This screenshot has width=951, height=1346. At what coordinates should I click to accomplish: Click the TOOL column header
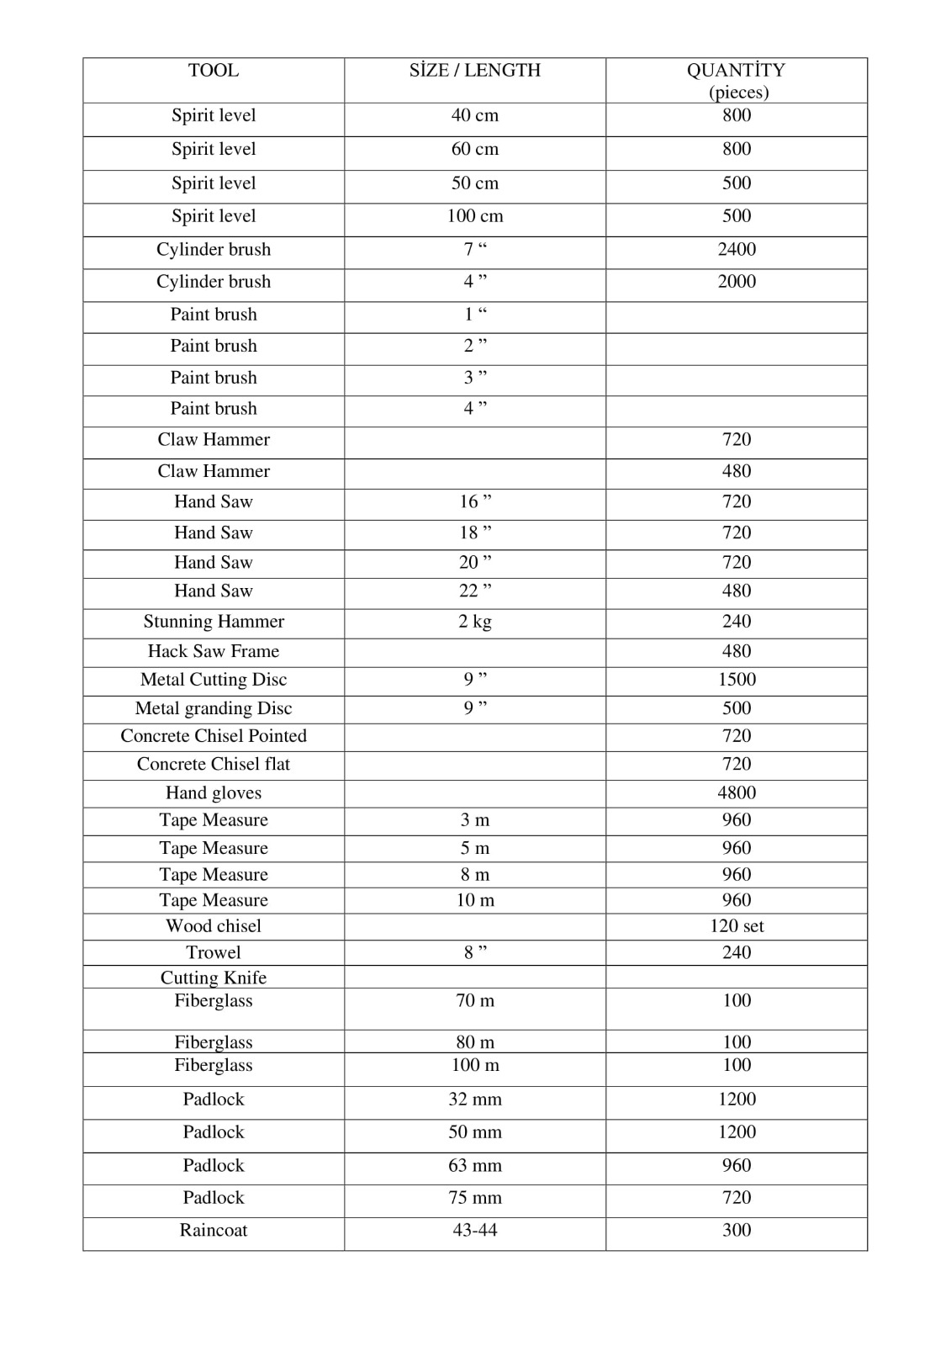point(214,71)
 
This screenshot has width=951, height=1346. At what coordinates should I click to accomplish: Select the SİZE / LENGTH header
point(475,71)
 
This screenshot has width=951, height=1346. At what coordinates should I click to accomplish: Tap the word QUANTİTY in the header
point(736,71)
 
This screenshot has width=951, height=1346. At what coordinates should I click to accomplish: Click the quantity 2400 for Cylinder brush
point(737,250)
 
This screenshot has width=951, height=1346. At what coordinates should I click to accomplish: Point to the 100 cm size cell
point(475,216)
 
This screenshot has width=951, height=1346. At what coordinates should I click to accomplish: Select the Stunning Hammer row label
point(214,622)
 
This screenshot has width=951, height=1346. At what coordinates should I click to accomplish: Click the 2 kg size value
point(475,622)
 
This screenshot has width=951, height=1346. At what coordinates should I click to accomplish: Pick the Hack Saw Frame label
point(214,651)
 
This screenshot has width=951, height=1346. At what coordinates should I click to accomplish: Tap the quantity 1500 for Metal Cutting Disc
point(737,680)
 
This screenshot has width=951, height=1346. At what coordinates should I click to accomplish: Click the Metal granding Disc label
point(214,708)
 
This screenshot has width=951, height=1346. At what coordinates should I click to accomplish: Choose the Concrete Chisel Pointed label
point(214,736)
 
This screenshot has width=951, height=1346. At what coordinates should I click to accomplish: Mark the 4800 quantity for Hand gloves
point(737,792)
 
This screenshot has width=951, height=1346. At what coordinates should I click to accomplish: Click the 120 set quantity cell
point(737,926)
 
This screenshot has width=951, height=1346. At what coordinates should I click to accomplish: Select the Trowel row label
point(214,952)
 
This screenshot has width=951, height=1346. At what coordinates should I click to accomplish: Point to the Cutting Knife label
point(214,978)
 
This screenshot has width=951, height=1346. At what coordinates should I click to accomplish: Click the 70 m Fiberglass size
point(475,1001)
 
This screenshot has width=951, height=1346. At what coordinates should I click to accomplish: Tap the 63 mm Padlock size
point(475,1166)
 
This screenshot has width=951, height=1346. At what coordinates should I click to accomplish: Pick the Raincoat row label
point(214,1231)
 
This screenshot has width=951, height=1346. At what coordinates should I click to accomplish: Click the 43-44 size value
point(475,1231)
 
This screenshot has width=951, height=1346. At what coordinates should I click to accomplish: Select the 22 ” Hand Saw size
point(475,591)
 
